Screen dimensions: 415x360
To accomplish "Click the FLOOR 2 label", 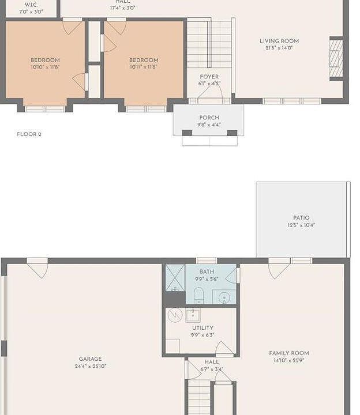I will [x=29, y=134].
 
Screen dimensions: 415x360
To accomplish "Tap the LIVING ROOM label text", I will [x=279, y=41].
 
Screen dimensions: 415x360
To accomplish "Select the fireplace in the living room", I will [x=336, y=58].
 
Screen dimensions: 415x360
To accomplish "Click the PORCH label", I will [x=209, y=118].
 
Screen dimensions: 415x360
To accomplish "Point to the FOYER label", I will [x=209, y=77].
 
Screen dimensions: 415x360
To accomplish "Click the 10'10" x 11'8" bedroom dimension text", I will [x=45, y=67].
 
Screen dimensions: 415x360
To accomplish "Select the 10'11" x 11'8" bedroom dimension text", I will [x=144, y=67].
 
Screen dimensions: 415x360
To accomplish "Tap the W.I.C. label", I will [x=31, y=5].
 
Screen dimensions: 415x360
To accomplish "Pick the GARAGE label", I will [x=90, y=359].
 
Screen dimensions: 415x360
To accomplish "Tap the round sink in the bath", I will [x=224, y=297].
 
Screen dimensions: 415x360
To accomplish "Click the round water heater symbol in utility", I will [x=175, y=315].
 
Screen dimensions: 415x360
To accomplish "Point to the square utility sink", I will [x=193, y=315].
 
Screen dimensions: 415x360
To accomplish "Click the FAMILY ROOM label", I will [x=288, y=353].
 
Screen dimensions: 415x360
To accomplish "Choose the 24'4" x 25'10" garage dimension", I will [x=90, y=366].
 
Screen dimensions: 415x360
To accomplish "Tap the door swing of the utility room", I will [x=224, y=349].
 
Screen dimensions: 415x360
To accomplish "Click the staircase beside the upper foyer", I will [x=209, y=43].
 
